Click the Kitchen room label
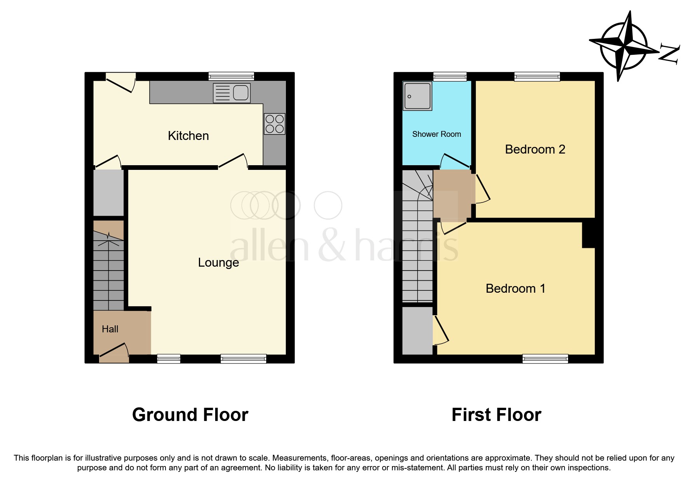point(188,136)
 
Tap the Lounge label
point(218,263)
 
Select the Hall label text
point(110,329)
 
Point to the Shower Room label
point(437,134)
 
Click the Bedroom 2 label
point(535,149)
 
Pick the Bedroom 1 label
point(516,288)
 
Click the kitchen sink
point(232,93)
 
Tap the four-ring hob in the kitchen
point(275,124)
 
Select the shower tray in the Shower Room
point(418,96)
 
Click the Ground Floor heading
point(190,415)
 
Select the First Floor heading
point(496,415)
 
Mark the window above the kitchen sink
point(231,76)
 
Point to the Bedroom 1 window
point(545,359)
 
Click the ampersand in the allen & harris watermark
point(332,245)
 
